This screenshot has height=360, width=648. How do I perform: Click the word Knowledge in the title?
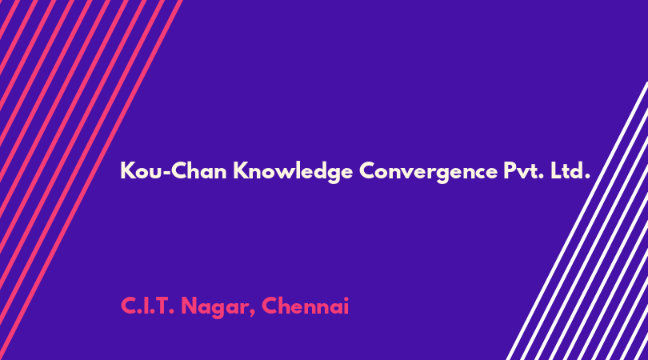pyautogui.click(x=293, y=171)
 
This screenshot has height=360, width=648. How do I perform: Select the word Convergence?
pyautogui.click(x=428, y=171)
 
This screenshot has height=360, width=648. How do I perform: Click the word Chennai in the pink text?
pyautogui.click(x=305, y=306)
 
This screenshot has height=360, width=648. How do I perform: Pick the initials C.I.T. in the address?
pyautogui.click(x=147, y=306)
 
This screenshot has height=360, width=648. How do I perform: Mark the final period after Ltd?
pyautogui.click(x=587, y=178)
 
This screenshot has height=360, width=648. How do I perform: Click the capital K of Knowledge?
pyautogui.click(x=240, y=170)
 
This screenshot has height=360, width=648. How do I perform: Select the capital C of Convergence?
pyautogui.click(x=367, y=170)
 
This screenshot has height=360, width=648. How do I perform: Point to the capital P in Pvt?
pyautogui.click(x=510, y=170)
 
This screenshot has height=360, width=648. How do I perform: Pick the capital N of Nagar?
pyautogui.click(x=189, y=306)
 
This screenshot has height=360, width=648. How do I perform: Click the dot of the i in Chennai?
pyautogui.click(x=346, y=299)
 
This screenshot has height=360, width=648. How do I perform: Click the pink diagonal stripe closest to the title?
pyautogui.click(x=90, y=180)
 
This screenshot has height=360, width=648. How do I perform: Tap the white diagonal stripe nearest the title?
pyautogui.click(x=578, y=221)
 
